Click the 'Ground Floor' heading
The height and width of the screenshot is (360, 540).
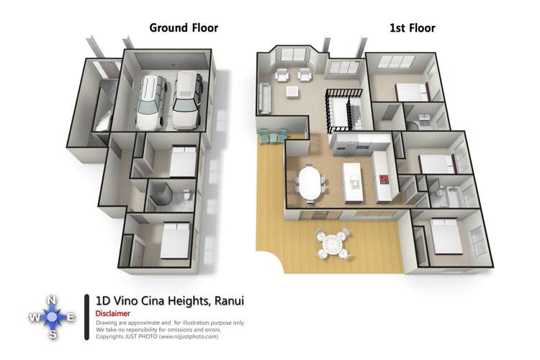(184, 28)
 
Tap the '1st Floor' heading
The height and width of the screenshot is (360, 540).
(412, 28)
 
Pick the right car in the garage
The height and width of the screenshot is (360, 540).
(187, 99)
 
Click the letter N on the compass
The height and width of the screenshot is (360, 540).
(51, 300)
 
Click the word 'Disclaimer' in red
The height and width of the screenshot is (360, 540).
(112, 314)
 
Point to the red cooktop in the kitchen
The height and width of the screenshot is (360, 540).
(384, 179)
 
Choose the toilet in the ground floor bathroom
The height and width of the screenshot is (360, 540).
(185, 194)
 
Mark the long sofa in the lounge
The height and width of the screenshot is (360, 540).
(264, 96)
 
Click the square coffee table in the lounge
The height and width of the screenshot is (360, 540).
(292, 91)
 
